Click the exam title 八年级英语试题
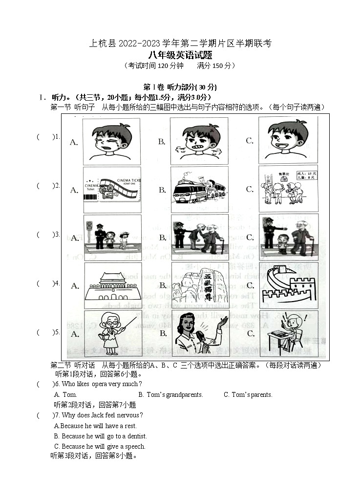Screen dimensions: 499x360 tap(180, 55)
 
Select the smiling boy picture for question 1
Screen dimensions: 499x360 tap(288, 141)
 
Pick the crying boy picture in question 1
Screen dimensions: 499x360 tap(112, 141)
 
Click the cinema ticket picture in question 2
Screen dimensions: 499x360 tap(112, 190)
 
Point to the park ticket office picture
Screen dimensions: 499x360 tap(288, 189)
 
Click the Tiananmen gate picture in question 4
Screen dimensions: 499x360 tap(112, 286)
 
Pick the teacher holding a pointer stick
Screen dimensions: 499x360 tap(112, 333)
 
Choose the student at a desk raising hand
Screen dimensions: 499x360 tap(288, 333)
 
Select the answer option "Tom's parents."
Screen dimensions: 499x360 tap(248, 394)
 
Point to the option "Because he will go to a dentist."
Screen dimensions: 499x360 tap(100, 436)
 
